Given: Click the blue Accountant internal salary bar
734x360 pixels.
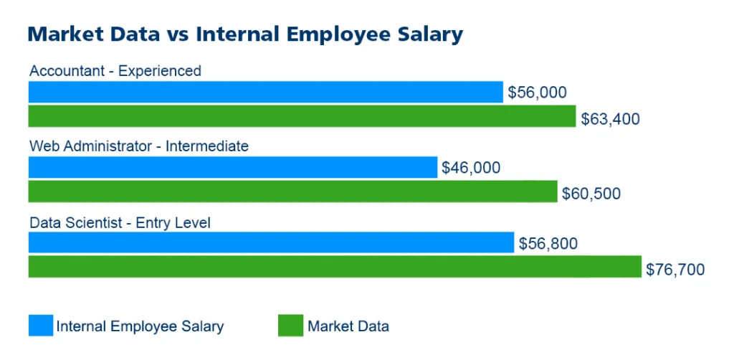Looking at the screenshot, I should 265,92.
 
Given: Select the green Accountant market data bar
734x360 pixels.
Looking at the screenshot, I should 302,116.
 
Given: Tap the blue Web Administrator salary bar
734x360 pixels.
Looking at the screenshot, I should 232,167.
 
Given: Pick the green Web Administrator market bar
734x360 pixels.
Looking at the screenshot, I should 292,191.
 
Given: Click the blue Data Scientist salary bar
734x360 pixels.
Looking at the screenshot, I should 271,242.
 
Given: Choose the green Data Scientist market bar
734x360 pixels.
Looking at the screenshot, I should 335,267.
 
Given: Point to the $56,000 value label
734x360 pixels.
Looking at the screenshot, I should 537,93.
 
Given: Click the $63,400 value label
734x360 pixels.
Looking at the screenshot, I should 610,118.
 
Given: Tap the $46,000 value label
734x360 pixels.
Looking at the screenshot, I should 471,168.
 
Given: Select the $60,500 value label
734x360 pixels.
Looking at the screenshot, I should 591,194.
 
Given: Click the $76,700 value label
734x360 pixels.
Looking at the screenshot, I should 675,270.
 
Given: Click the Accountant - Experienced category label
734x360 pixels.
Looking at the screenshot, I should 115,71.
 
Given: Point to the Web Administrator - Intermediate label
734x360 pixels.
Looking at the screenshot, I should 139,146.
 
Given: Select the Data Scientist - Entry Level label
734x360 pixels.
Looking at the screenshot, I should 120,222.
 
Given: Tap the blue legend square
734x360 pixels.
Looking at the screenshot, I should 41,326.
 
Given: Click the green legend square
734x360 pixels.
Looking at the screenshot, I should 290,326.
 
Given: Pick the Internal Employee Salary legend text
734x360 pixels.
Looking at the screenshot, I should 140,326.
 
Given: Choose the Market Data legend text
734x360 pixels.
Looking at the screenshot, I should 348,326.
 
